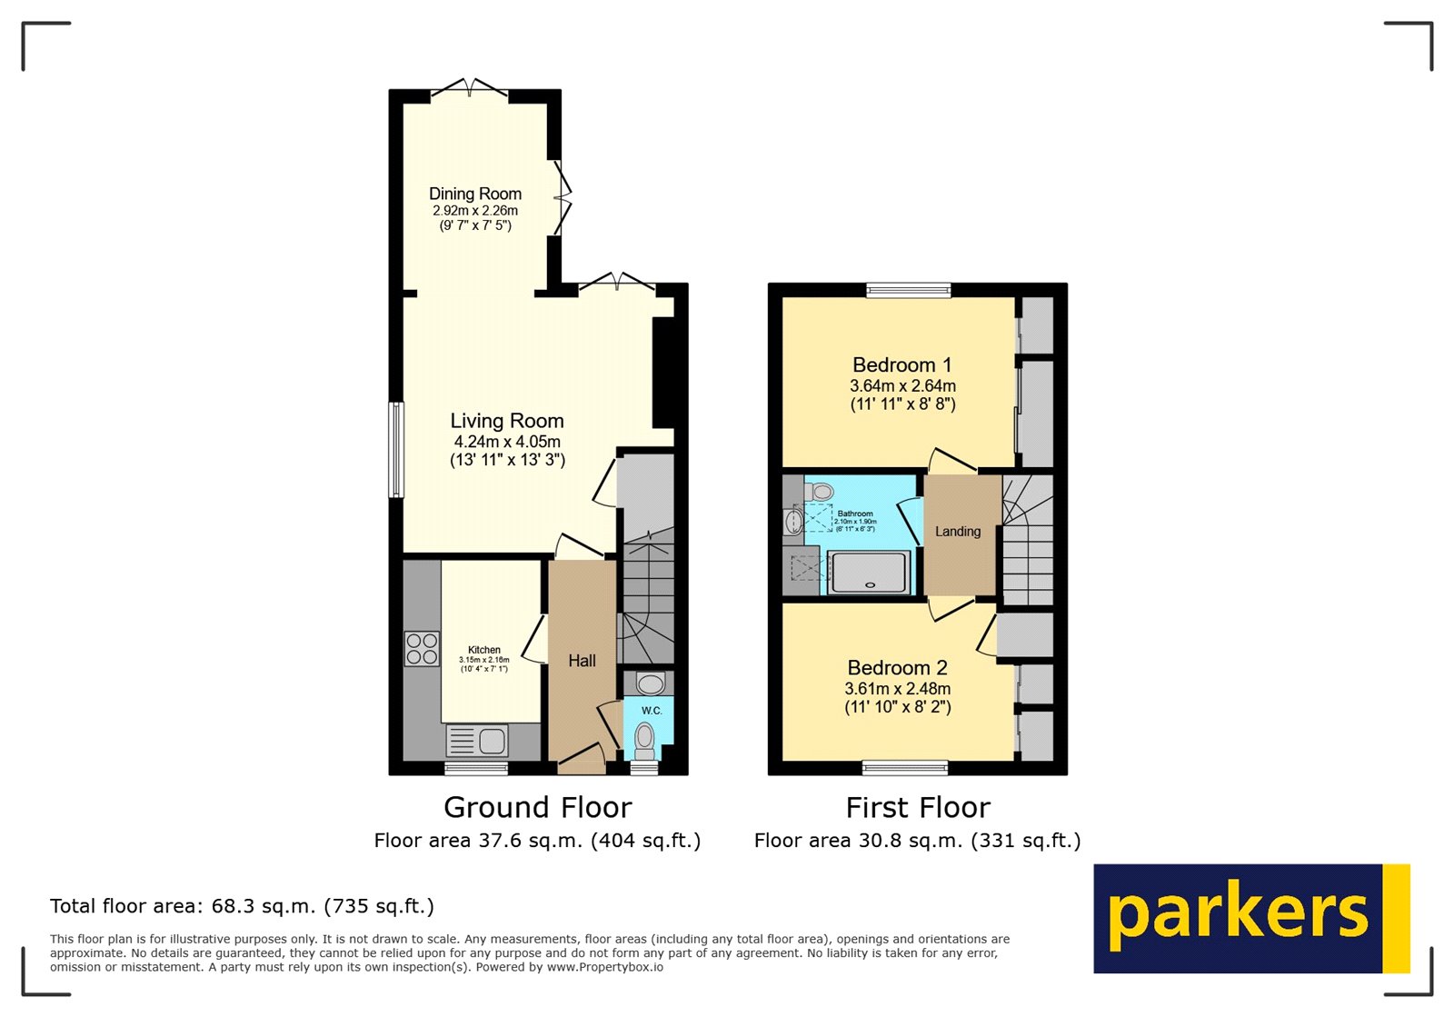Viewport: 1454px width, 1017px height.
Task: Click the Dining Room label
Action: click(x=475, y=194)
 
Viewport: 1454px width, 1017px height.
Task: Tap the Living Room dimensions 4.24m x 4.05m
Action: click(x=507, y=442)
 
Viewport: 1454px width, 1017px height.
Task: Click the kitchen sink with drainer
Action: click(x=478, y=741)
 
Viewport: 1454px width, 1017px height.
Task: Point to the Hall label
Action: click(x=583, y=661)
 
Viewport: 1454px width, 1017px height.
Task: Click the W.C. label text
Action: click(x=652, y=711)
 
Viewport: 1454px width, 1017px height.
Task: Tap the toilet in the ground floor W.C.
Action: click(x=645, y=738)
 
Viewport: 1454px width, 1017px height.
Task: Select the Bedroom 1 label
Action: click(x=902, y=365)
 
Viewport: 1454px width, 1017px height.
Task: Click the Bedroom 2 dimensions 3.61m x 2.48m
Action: click(x=898, y=689)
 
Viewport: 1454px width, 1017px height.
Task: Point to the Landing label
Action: click(x=958, y=532)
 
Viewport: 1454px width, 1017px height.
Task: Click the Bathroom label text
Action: click(x=855, y=514)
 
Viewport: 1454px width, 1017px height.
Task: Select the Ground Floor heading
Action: click(x=537, y=807)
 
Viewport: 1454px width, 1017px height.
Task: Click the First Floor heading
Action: click(x=918, y=807)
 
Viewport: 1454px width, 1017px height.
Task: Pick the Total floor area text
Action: click(x=242, y=906)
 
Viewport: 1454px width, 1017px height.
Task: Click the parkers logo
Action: click(x=1250, y=918)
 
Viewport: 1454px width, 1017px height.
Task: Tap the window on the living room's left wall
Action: click(x=396, y=450)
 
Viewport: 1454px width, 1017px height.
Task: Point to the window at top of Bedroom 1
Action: click(x=909, y=290)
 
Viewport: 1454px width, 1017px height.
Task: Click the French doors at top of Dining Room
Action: click(x=469, y=90)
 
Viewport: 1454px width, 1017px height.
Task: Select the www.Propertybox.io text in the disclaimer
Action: click(x=604, y=968)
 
